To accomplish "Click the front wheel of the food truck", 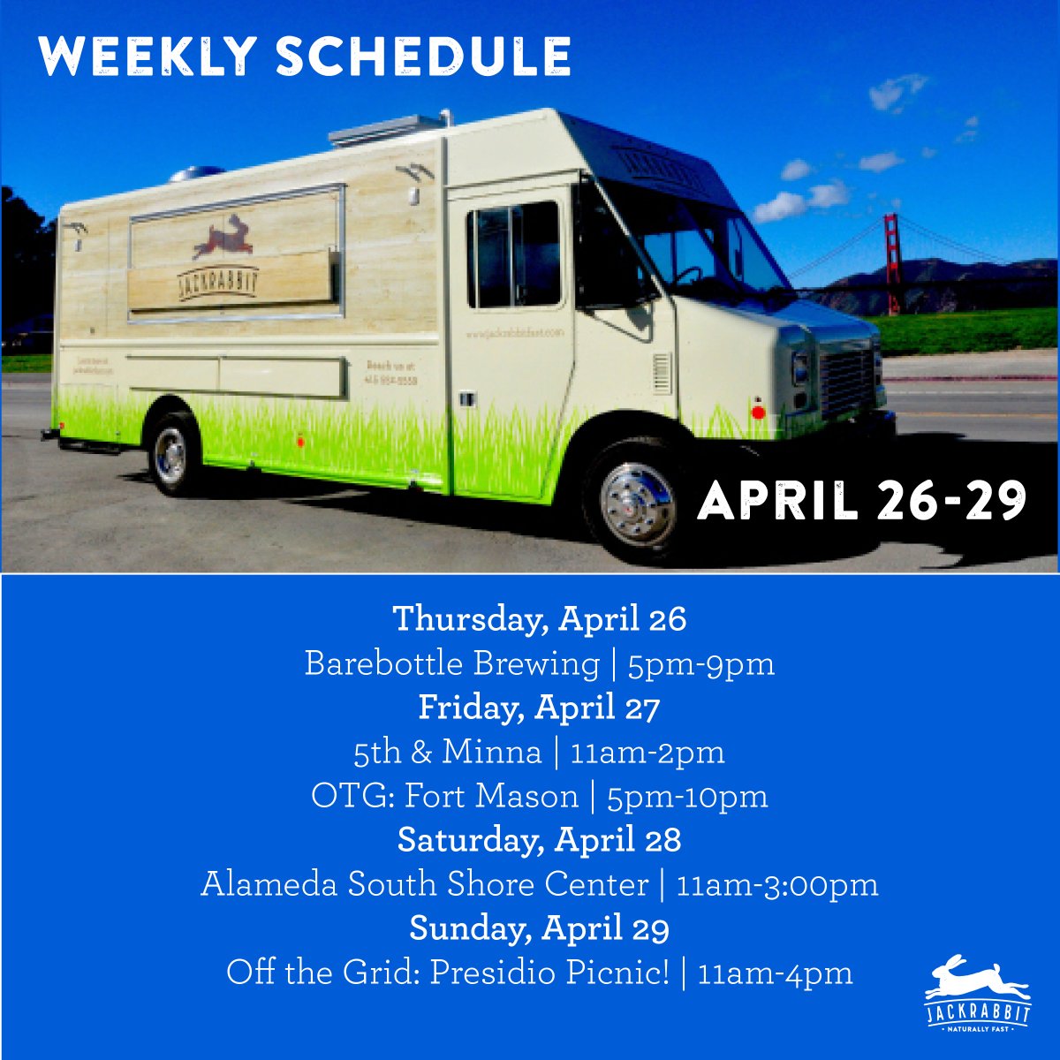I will (x=639, y=503).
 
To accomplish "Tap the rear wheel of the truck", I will (x=170, y=455).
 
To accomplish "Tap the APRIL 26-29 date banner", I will (x=862, y=502).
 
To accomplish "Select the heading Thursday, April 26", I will (x=539, y=618).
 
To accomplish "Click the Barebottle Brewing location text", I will (x=451, y=662).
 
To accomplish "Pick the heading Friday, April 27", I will (x=539, y=707).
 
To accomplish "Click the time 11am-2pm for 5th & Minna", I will (x=647, y=752).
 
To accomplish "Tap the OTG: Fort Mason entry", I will (x=444, y=796).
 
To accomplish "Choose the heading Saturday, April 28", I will (x=539, y=839).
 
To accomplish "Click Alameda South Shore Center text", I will (x=424, y=883).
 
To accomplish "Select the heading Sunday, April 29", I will (x=539, y=927).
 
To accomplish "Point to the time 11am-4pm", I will (x=775, y=973).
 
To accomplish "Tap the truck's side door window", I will (x=514, y=254).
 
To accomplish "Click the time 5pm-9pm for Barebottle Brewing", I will (x=700, y=662).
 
